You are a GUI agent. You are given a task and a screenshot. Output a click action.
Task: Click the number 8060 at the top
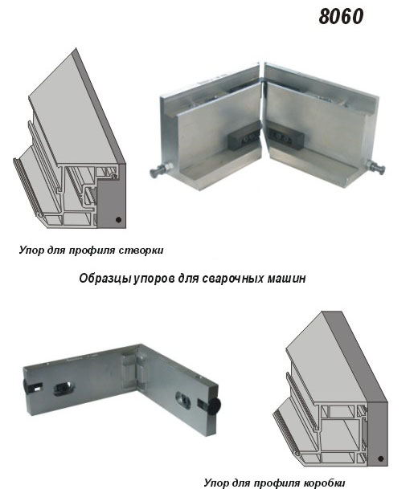pos(341,17)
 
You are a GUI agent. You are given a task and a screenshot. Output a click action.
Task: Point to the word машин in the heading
pos(286,279)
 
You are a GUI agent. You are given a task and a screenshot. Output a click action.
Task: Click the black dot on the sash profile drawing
pos(118,219)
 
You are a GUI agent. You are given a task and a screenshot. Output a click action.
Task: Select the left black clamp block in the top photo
pos(244,138)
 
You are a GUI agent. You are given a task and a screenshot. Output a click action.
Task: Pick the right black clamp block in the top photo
pos(285,137)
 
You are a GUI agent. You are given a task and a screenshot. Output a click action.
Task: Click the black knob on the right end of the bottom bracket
pos(215,406)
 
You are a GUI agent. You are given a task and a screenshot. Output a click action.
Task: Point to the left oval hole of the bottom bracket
pos(64,389)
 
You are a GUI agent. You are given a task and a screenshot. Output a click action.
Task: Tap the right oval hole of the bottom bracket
pos(183,400)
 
